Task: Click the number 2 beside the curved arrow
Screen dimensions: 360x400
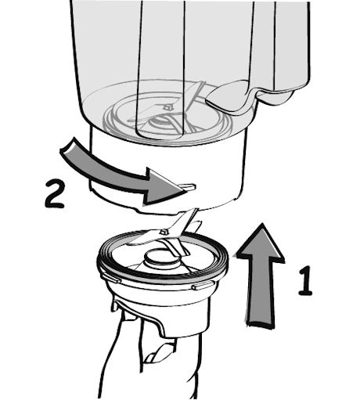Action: click(x=54, y=194)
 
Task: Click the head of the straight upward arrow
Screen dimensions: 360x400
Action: click(x=261, y=242)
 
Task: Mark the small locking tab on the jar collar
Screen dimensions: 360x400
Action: click(x=187, y=186)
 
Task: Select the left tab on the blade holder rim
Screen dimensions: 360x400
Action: click(x=111, y=278)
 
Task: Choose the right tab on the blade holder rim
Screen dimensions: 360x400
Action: click(x=203, y=286)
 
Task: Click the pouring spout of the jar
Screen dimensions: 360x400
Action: click(x=276, y=95)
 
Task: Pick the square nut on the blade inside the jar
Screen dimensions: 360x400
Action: click(x=167, y=106)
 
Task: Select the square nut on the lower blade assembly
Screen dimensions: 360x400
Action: click(x=164, y=231)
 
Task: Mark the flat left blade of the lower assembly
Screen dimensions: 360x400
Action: click(x=141, y=238)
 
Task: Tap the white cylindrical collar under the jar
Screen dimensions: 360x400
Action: click(x=167, y=170)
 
